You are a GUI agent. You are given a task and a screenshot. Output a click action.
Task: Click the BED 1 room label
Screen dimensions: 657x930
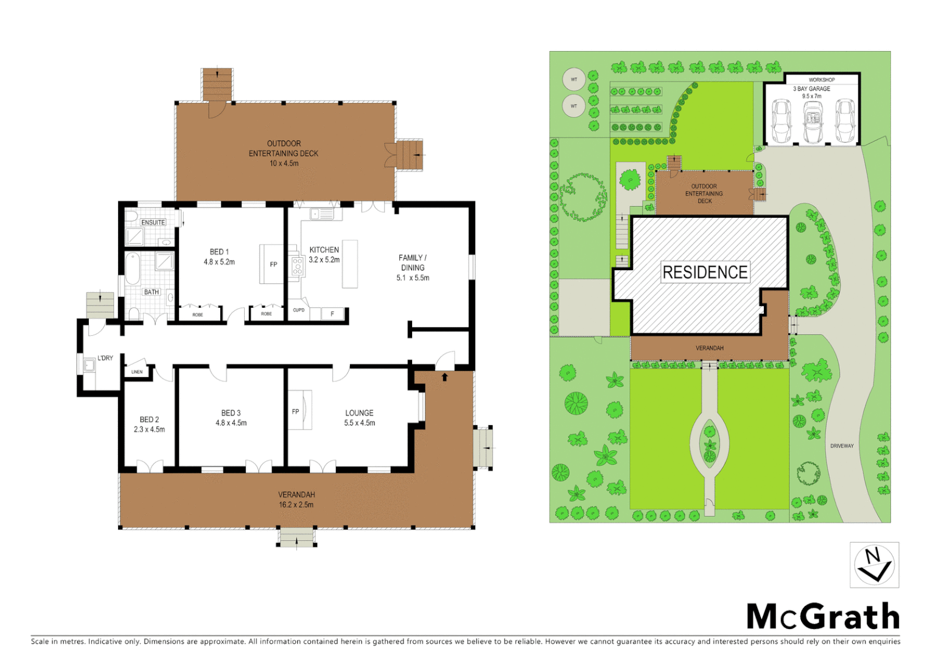[x=219, y=252]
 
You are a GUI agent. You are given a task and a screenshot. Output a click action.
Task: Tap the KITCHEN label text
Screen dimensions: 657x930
[x=324, y=250]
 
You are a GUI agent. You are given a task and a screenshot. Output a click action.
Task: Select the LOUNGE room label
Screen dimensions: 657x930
[x=359, y=413]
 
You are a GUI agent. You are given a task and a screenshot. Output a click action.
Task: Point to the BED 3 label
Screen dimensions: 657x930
[x=231, y=413]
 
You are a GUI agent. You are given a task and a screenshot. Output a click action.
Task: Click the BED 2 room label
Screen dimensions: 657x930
[x=149, y=420]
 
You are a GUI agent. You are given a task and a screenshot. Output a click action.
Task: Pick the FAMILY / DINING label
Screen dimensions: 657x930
[x=413, y=263]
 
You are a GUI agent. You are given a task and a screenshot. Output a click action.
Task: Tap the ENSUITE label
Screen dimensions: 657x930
[x=153, y=223]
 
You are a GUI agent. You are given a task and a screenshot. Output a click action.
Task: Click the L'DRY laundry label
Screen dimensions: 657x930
[x=105, y=358]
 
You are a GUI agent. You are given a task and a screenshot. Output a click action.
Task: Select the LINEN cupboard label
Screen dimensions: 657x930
[x=137, y=372]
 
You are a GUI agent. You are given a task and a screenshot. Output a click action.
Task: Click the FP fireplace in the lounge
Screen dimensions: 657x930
[x=296, y=412]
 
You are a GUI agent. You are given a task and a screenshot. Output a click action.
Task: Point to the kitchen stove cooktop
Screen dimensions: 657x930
[x=297, y=266]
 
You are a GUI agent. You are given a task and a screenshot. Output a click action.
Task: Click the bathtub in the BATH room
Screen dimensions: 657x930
[x=133, y=269]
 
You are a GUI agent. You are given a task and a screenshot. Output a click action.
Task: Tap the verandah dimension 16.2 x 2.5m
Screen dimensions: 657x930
[x=296, y=505]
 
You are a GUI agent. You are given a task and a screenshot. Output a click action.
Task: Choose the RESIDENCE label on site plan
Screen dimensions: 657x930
[x=705, y=272]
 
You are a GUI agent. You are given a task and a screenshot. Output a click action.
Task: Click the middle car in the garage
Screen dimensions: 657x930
[x=813, y=120]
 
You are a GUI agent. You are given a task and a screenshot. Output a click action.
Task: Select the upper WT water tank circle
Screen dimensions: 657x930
[x=573, y=79]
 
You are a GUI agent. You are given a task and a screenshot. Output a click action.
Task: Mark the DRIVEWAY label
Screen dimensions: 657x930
[x=842, y=446]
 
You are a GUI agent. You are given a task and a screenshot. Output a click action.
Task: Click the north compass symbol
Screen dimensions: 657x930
[x=874, y=565]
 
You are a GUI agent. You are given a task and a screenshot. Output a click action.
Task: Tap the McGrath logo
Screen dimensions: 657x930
[x=823, y=617]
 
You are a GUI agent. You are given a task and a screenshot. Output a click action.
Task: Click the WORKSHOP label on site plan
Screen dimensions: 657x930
[x=821, y=80]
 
